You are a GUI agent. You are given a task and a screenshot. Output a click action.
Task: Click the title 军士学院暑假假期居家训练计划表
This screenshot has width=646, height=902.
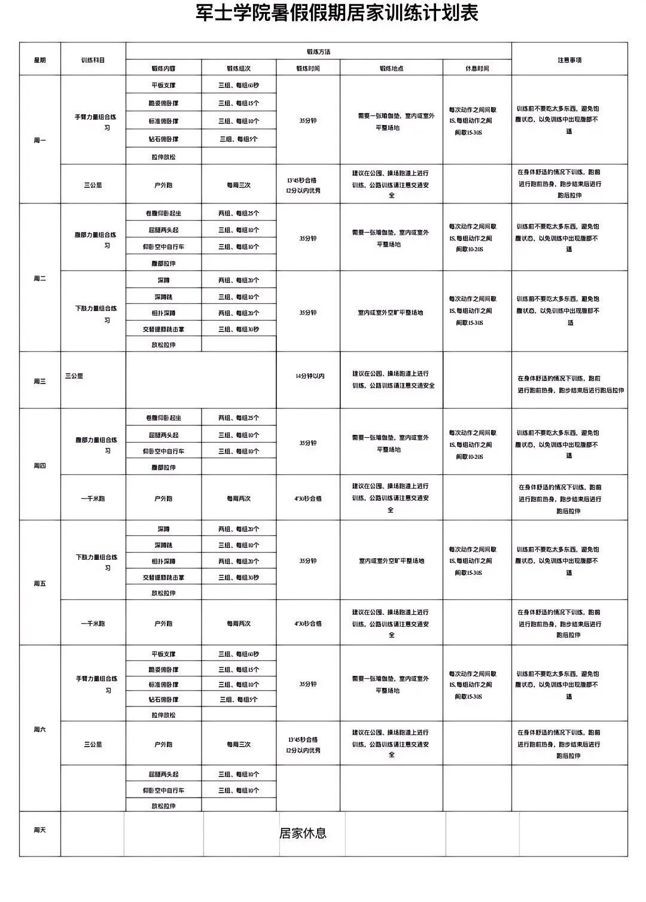point(337,13)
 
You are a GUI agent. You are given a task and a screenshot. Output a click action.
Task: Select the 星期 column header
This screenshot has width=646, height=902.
point(39,60)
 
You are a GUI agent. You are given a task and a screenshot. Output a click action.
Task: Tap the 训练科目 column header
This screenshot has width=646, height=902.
point(93,60)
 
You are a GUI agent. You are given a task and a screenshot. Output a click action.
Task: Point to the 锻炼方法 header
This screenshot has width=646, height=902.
point(318,51)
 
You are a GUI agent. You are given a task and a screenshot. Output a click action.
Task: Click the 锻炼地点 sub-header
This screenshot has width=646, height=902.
point(391,68)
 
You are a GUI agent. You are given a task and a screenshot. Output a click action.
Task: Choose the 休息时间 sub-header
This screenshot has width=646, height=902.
point(477,68)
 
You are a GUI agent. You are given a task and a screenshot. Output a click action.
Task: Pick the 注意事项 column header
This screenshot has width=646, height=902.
point(569,60)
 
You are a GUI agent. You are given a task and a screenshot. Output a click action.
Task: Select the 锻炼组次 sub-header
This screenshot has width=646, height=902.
point(239,68)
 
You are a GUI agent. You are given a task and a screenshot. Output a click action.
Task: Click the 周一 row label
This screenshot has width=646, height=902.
point(39,141)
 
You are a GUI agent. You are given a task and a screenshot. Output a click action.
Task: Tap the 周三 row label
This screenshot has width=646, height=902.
point(39,381)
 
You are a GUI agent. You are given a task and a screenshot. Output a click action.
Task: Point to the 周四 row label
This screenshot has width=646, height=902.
point(39,465)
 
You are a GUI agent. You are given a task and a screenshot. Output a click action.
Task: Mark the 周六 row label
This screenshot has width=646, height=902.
point(39,729)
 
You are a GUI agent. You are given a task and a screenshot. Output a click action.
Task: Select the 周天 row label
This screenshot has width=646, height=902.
point(39,830)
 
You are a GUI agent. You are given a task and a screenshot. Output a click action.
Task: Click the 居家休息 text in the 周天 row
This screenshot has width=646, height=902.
point(303,833)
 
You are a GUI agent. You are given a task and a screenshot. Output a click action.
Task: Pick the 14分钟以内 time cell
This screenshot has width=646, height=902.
point(309,376)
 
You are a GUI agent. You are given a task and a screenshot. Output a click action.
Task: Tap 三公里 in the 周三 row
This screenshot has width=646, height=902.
point(74,376)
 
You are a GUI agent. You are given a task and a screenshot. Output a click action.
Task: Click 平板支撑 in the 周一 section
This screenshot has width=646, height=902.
point(163,85)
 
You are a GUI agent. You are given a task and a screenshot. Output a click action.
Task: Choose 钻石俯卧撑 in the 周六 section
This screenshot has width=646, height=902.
point(163,699)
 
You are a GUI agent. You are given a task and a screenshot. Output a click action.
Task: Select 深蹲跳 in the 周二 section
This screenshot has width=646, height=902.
point(163,297)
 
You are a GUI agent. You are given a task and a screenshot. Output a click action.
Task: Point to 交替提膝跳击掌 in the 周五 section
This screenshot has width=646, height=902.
point(163,577)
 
